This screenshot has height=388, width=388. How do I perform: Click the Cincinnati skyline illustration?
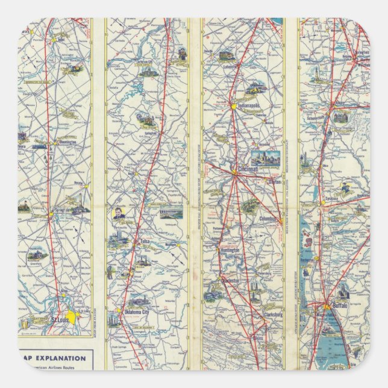264,158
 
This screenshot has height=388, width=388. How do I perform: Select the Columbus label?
268,219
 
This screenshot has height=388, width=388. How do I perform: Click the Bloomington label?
64,142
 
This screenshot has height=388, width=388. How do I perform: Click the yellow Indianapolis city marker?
233,107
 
